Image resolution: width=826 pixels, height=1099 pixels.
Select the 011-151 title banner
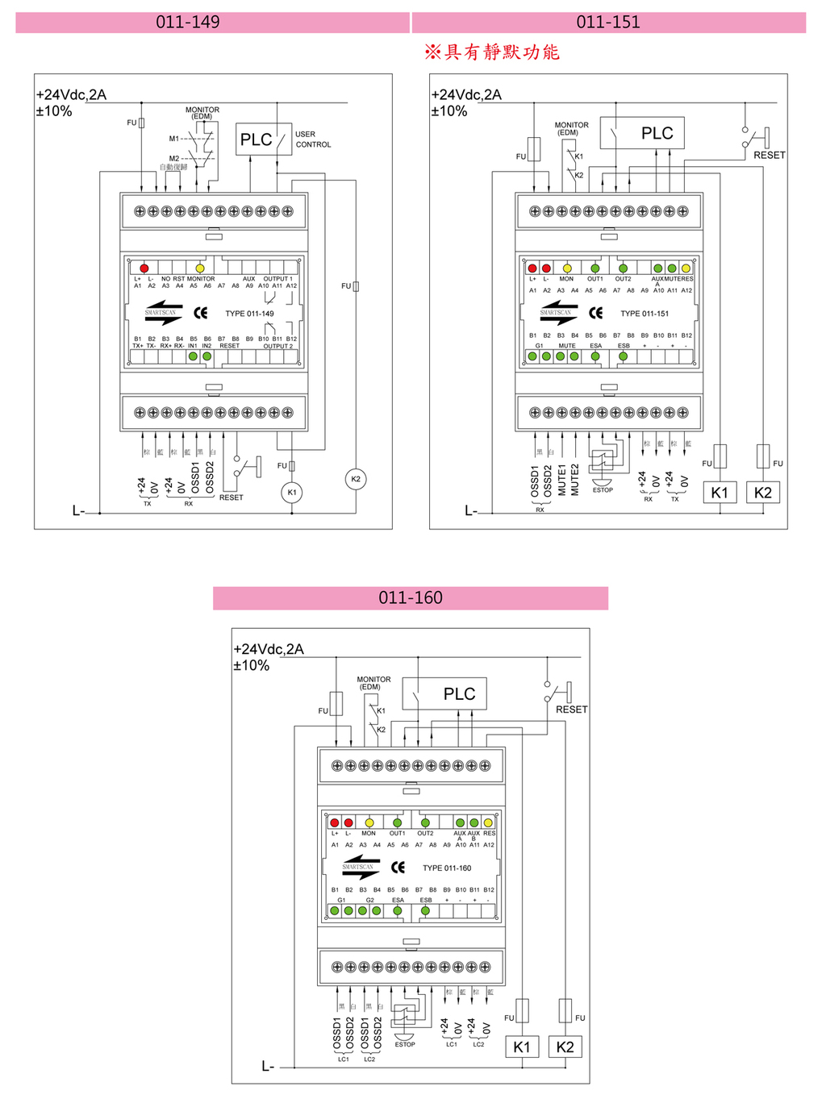[x=608, y=23]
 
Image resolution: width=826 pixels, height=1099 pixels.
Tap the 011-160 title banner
[x=411, y=598]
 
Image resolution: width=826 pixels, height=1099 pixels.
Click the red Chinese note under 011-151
[x=492, y=52]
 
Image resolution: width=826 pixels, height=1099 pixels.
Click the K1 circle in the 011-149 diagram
[x=292, y=492]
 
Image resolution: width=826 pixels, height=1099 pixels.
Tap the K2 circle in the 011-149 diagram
[x=356, y=479]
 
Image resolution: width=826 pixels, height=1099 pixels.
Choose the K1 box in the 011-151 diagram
[x=720, y=493]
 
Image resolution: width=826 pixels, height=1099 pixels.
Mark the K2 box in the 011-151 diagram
[x=763, y=493]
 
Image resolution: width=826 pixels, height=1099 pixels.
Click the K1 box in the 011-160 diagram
[x=522, y=1047]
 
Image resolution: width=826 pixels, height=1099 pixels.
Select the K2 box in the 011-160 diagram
[x=565, y=1047]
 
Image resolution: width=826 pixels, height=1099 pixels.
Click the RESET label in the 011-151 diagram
[x=769, y=155]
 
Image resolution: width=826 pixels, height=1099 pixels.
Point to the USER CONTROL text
[x=312, y=139]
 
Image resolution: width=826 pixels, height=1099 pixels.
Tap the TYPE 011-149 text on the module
[x=249, y=314]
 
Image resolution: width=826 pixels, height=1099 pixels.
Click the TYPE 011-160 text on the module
[x=447, y=868]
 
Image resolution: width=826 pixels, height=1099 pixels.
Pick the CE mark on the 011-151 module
[x=595, y=313]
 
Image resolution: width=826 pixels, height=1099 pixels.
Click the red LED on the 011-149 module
[x=144, y=268]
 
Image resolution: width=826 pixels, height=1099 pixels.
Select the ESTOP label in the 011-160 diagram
[x=405, y=1044]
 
